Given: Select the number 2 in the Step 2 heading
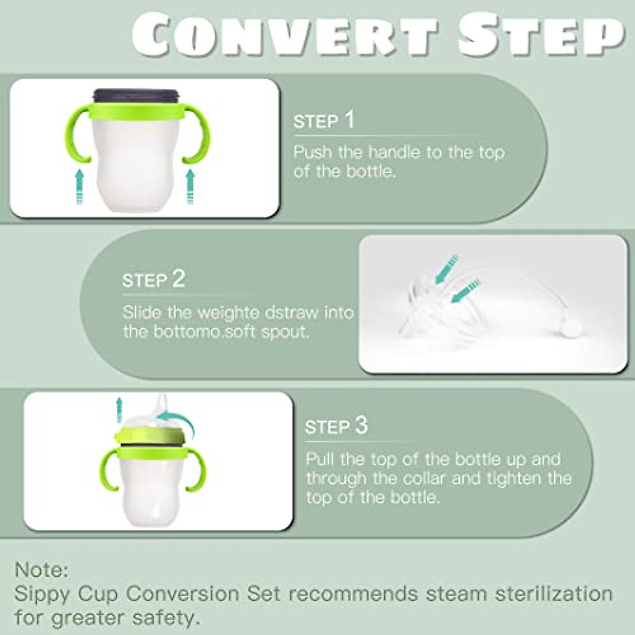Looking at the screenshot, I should coord(178,279).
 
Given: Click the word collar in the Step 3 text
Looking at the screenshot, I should coord(429,478).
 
